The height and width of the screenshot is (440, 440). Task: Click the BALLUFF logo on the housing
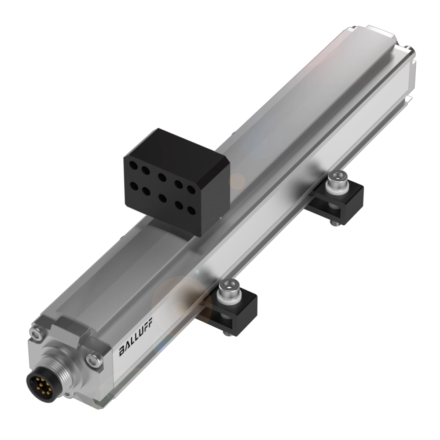click(134, 345)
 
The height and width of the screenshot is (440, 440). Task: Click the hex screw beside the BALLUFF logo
click(93, 359)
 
